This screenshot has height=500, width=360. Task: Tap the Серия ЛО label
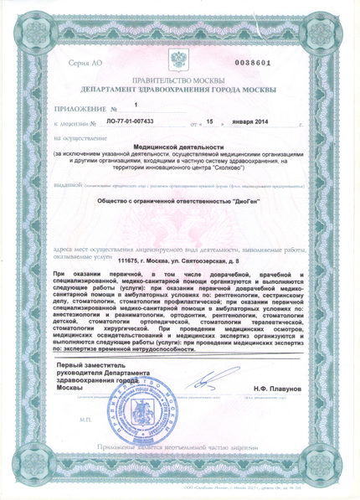tap(84, 64)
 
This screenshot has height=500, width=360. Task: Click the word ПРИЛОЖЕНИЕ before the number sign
tap(80, 110)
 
